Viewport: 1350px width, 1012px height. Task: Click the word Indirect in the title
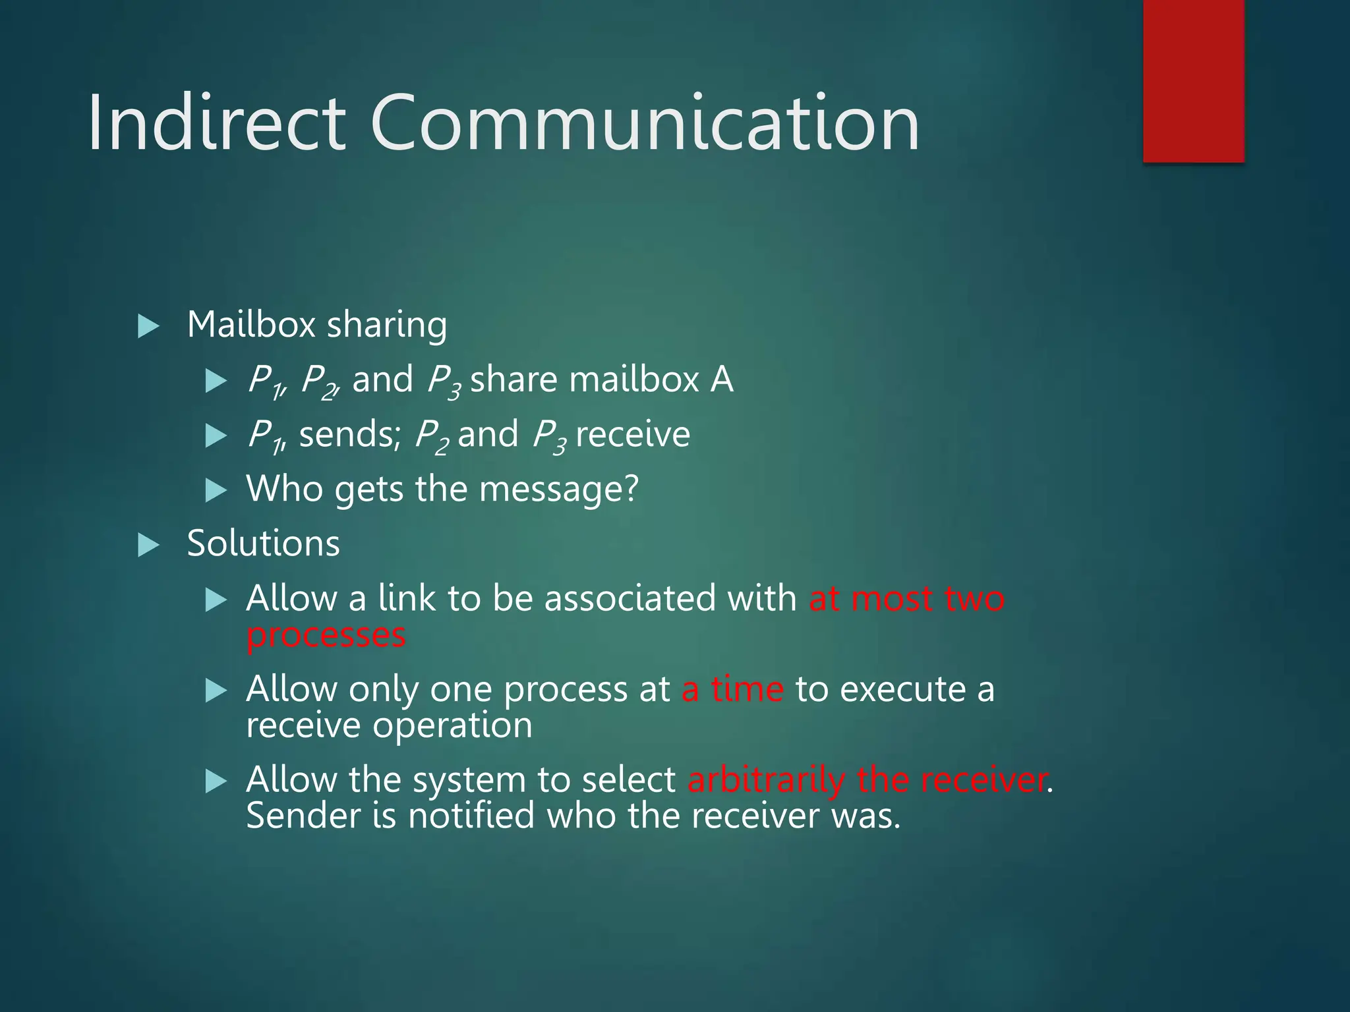pyautogui.click(x=217, y=123)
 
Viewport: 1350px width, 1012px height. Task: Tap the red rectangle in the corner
pyautogui.click(x=1193, y=80)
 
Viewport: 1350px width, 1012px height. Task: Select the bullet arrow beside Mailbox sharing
pyautogui.click(x=148, y=326)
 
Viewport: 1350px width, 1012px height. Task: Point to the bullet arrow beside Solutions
pyautogui.click(x=148, y=546)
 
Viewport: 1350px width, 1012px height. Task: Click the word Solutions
pyautogui.click(x=263, y=544)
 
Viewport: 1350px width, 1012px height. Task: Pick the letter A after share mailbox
pyautogui.click(x=721, y=380)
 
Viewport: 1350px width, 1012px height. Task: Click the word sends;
pyautogui.click(x=349, y=435)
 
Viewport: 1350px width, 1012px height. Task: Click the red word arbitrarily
pyautogui.click(x=765, y=781)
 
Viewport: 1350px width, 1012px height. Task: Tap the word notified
pyautogui.click(x=471, y=816)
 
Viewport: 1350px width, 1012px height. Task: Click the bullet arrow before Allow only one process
pyautogui.click(x=216, y=691)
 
